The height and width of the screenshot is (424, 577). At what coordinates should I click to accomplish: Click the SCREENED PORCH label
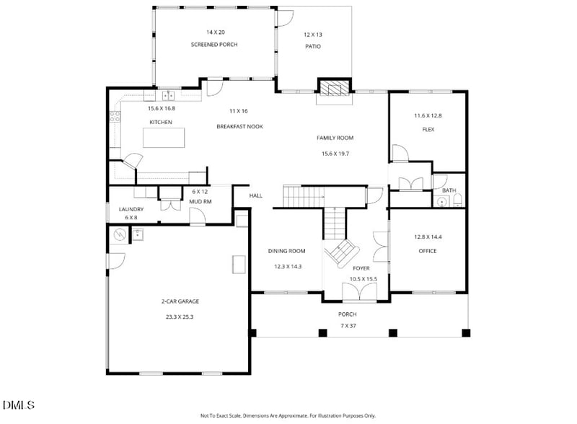pyautogui.click(x=214, y=45)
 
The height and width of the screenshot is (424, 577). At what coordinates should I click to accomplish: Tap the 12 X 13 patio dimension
pyautogui.click(x=313, y=35)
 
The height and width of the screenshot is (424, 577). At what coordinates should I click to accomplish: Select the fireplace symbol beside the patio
pyautogui.click(x=335, y=87)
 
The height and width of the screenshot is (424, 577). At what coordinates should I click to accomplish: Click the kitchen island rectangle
pyautogui.click(x=164, y=137)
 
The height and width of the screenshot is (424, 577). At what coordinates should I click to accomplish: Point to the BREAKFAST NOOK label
pyautogui.click(x=240, y=127)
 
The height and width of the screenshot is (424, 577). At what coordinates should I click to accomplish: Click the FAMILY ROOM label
pyautogui.click(x=335, y=138)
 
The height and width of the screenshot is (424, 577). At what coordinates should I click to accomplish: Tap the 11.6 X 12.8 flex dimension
pyautogui.click(x=428, y=115)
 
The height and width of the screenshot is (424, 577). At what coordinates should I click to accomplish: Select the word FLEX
pyautogui.click(x=428, y=130)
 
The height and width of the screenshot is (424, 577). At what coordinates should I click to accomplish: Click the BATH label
pyautogui.click(x=449, y=190)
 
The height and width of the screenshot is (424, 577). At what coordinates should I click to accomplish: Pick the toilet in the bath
pyautogui.click(x=457, y=201)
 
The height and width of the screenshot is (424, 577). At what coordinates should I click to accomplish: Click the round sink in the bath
pyautogui.click(x=441, y=202)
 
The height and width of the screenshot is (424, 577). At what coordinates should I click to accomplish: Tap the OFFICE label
pyautogui.click(x=428, y=251)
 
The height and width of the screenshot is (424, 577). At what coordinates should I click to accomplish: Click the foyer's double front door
pyautogui.click(x=359, y=292)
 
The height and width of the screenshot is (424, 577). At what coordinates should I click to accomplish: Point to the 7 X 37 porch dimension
pyautogui.click(x=348, y=326)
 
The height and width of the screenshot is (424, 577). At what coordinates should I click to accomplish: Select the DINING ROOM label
pyautogui.click(x=286, y=251)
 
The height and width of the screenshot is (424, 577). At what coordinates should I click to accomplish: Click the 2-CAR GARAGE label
pyautogui.click(x=180, y=301)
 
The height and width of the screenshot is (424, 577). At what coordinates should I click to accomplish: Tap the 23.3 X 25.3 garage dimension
pyautogui.click(x=180, y=317)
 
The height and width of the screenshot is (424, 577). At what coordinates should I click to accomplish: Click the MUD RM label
pyautogui.click(x=201, y=202)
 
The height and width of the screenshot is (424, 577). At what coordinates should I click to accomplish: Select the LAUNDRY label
pyautogui.click(x=131, y=209)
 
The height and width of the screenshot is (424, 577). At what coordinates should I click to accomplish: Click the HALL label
pyautogui.click(x=256, y=196)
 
